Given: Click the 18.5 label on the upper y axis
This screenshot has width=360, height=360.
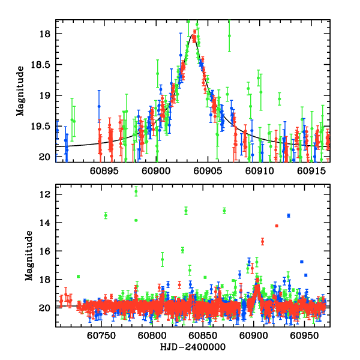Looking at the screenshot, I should [43, 64].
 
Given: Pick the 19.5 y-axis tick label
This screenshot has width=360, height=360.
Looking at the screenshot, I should [43, 126].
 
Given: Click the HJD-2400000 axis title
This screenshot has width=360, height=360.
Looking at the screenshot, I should [193, 347].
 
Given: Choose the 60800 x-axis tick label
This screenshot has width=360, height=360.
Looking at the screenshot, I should [151, 336].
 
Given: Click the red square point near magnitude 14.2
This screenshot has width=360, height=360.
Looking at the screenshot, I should [277, 226].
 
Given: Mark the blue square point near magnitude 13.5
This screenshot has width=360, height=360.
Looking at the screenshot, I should [289, 215].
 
